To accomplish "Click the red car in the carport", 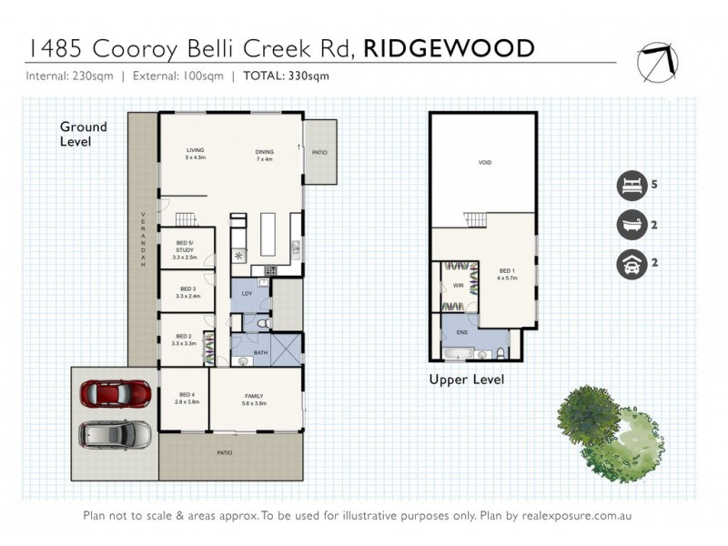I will click(115, 394).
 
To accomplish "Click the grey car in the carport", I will click(115, 435).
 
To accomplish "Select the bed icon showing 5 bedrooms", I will click(629, 184).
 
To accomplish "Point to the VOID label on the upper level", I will click(484, 164).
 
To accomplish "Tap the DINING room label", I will click(265, 150).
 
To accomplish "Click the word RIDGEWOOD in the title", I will click(448, 48).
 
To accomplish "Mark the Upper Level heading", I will click(466, 379).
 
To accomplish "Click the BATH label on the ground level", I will click(261, 353).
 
